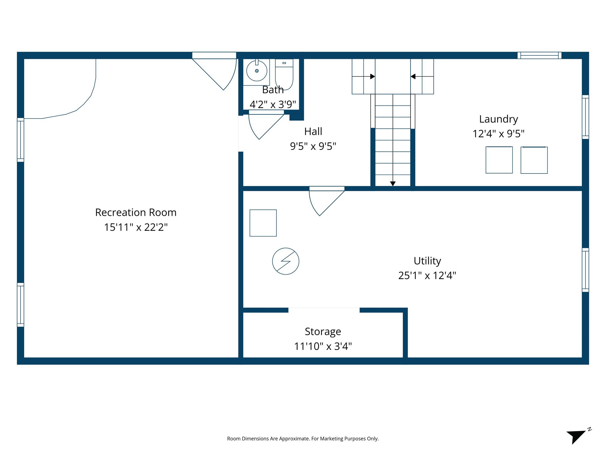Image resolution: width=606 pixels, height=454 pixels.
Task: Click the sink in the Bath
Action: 257,71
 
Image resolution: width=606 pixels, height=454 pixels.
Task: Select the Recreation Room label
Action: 136,212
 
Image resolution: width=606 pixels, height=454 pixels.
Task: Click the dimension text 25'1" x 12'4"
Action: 427,275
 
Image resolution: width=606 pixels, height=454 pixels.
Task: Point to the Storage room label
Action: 323,331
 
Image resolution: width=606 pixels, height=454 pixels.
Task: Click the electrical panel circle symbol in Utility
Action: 286,261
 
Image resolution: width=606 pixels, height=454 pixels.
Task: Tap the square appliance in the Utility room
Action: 263,223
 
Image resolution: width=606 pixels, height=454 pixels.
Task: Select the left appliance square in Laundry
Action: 499,160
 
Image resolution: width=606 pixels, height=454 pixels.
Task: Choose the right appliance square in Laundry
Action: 534,160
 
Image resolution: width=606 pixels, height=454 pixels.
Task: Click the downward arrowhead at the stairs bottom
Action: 393,184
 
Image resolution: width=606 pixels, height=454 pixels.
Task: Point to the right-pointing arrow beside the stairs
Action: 373,77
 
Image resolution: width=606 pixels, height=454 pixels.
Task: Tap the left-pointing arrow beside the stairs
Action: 413,77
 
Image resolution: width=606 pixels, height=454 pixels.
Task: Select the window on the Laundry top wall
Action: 539,55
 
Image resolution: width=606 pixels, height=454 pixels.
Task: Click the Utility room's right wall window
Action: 585,270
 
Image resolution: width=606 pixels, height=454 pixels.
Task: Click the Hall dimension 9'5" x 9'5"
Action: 313,146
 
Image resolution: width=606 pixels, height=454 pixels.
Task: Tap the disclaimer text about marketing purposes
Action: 303,439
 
